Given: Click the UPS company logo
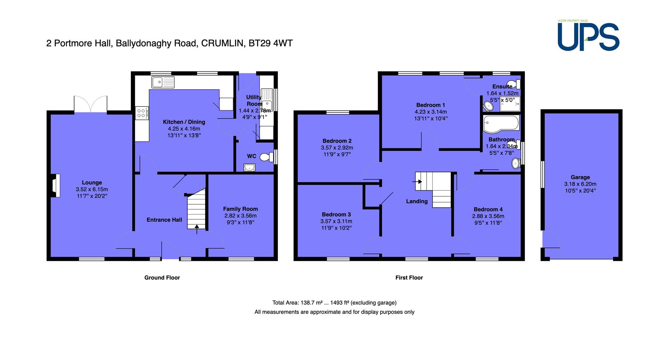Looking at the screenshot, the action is tap(588, 37).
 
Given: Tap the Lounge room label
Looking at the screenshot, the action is tap(92, 182).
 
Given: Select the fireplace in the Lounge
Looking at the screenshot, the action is tap(55, 186).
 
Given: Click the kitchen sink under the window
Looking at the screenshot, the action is tap(163, 82).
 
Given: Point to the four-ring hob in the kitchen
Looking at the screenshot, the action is tap(142, 113).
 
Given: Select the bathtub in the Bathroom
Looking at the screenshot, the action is tap(501, 123).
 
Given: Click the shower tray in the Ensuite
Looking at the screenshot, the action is tap(510, 104).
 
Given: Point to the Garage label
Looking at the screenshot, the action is tap(580, 177).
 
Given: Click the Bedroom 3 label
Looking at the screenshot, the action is tap(336, 214).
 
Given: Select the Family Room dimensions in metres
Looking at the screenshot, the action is tap(240, 216).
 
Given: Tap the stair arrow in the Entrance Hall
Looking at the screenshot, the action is tap(197, 229).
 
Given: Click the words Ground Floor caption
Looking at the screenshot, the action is tap(162, 277).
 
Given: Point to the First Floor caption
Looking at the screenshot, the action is tap(409, 277).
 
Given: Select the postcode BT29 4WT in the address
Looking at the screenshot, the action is tap(271, 43).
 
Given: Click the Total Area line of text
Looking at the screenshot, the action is tap(334, 303).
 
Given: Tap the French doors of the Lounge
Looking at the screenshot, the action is tap(91, 104).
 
